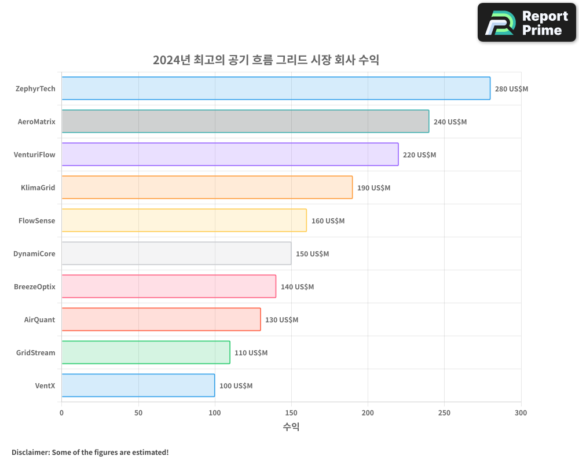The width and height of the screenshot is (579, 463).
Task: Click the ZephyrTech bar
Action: coord(276,89)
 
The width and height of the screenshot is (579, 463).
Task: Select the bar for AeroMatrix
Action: coord(245,122)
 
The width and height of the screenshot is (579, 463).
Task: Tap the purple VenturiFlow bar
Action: coord(230,155)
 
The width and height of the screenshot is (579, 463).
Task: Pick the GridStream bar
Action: coord(145,352)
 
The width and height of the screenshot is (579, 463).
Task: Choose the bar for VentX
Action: coord(138,385)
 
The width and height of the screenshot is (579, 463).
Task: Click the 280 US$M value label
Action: coord(511,89)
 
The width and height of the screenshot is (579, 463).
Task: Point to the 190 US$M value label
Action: coord(373,188)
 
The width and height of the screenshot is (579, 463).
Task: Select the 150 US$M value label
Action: coord(312,254)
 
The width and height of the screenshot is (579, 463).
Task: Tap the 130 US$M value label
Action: coord(281,320)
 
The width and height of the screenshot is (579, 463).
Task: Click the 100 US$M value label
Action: coord(236,386)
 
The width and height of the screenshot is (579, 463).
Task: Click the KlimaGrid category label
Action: coord(38,188)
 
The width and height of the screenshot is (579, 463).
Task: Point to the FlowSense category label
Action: coord(37,221)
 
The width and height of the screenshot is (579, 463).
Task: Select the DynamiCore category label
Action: coord(34,253)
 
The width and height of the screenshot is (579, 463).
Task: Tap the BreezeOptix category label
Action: coord(35,286)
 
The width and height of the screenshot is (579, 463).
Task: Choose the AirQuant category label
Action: coord(39,319)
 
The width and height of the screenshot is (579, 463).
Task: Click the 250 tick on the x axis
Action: coord(444,413)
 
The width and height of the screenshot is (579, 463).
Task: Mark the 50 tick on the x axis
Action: coord(138,413)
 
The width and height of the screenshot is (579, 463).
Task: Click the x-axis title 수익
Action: coord(291,427)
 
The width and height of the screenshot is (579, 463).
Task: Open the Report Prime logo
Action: coord(526,23)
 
